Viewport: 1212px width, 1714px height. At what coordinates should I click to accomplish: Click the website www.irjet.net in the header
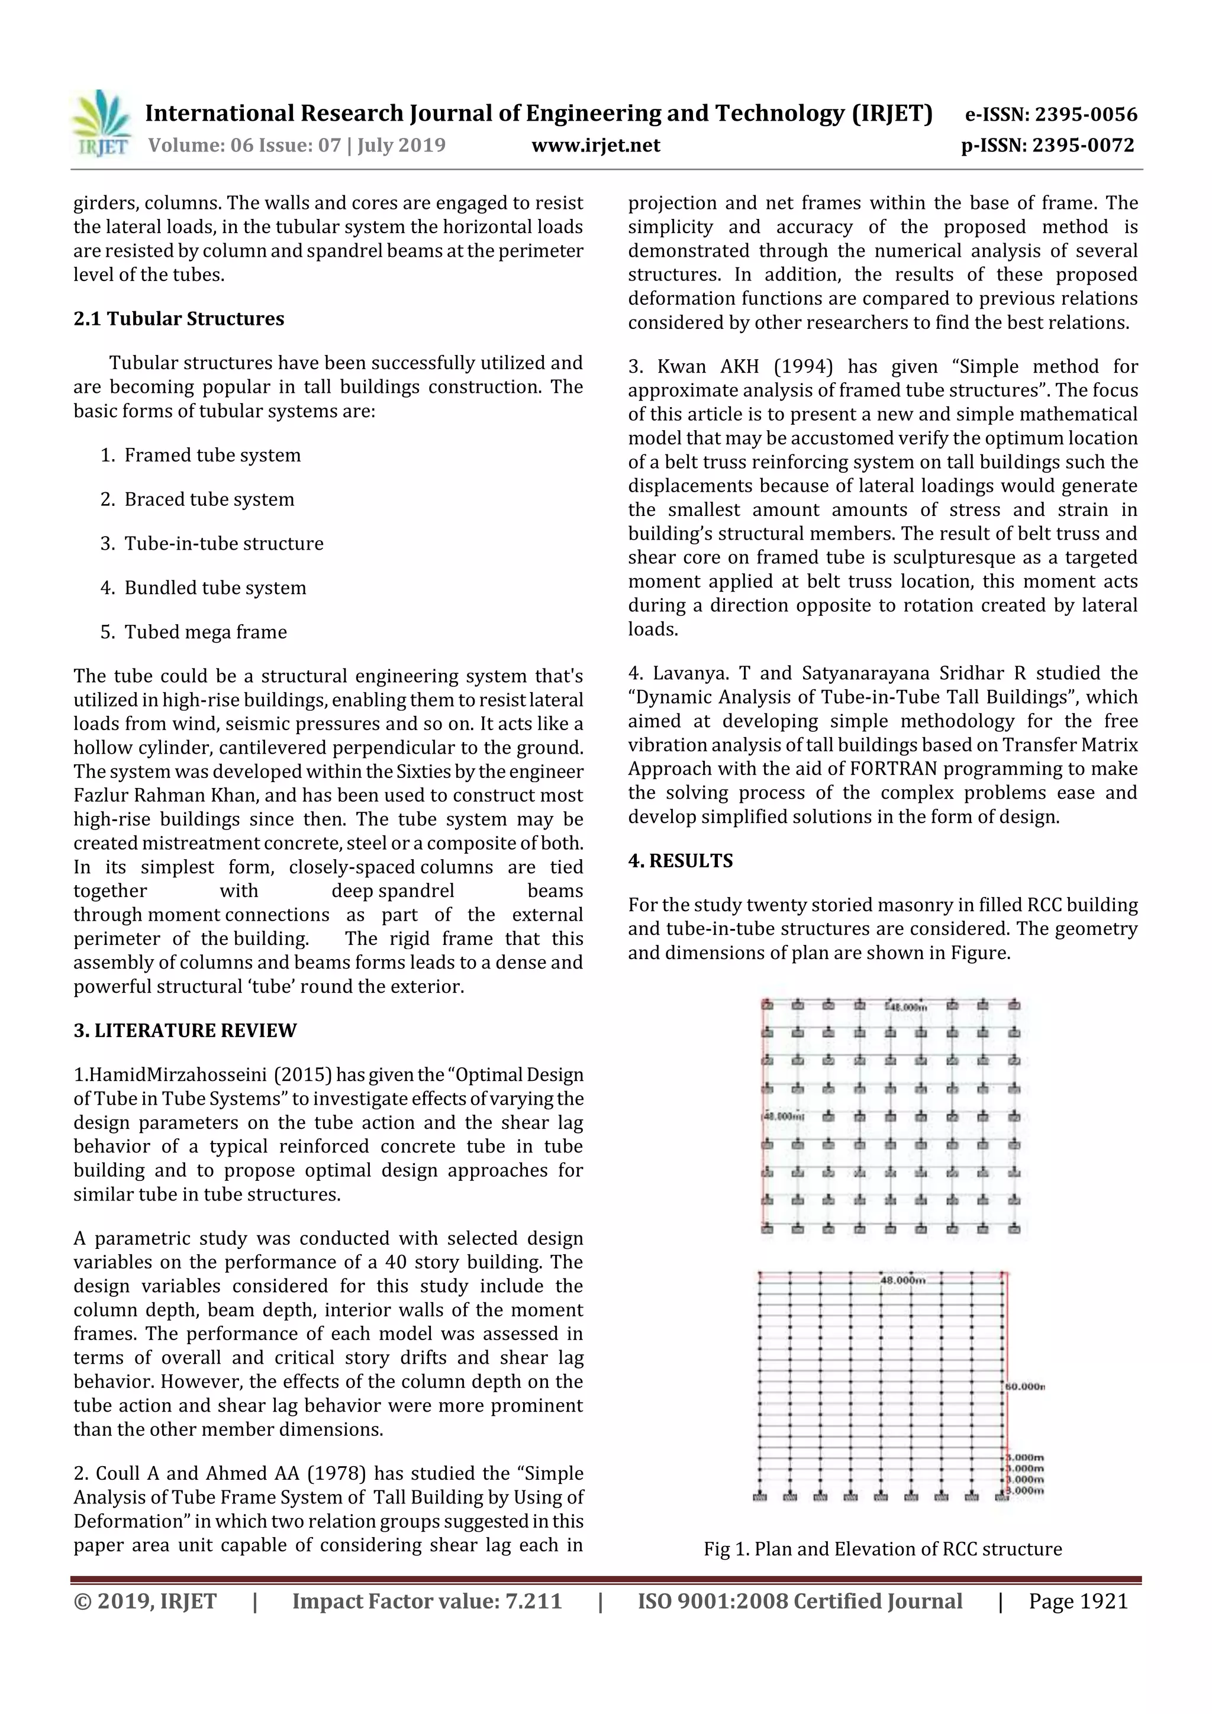click(595, 146)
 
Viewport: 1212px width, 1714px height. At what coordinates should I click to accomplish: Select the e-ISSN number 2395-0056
click(1086, 114)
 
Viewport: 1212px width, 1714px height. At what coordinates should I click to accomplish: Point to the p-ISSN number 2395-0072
click(1083, 146)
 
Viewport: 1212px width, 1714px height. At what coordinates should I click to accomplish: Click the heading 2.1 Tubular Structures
click(179, 319)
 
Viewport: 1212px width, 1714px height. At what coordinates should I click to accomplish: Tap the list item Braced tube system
click(209, 499)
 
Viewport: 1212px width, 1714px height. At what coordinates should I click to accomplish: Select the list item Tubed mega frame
click(205, 632)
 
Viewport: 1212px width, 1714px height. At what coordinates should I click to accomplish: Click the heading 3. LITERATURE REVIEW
click(185, 1031)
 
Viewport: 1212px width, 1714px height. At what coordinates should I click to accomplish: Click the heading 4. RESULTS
click(681, 861)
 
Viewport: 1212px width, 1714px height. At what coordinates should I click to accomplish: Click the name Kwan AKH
click(707, 367)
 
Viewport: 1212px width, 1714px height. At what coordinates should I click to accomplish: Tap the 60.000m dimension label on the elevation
click(1026, 1386)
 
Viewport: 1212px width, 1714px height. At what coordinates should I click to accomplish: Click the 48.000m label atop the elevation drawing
click(903, 1280)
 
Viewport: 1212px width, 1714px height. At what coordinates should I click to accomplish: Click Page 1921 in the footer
click(1078, 1601)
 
